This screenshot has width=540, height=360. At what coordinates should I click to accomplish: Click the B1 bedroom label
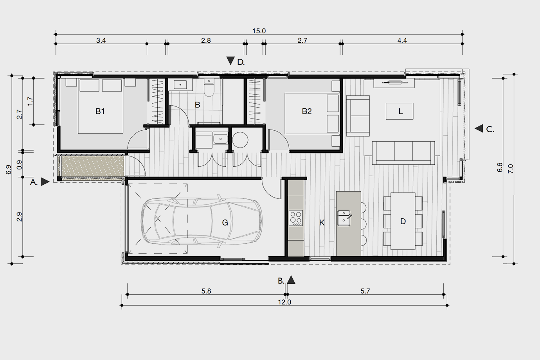[100, 111]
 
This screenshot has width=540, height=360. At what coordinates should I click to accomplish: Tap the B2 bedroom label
[307, 111]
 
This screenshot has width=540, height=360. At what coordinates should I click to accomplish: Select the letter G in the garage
[225, 223]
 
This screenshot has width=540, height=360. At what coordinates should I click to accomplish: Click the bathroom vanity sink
[180, 85]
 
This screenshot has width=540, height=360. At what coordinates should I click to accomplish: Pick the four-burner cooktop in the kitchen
[296, 218]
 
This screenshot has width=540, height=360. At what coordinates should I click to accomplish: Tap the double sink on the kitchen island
[344, 218]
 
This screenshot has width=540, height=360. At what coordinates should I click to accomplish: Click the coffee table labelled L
[400, 111]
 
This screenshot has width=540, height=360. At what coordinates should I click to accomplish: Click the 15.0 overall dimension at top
[259, 31]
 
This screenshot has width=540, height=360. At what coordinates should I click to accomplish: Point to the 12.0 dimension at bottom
[284, 302]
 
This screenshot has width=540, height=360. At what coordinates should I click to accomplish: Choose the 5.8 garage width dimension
[206, 291]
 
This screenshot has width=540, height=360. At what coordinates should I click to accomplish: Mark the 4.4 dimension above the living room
[402, 41]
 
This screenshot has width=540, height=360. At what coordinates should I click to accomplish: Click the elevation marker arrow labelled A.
[45, 182]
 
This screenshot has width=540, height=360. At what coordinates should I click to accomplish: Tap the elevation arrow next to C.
[479, 128]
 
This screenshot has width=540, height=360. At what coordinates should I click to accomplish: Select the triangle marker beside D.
[230, 61]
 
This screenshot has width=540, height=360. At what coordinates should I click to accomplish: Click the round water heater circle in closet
[240, 140]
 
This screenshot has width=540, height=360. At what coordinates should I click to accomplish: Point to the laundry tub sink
[220, 139]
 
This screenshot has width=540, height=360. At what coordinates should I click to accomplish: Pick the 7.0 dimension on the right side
[511, 169]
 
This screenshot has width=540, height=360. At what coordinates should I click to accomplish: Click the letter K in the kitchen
[322, 223]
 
